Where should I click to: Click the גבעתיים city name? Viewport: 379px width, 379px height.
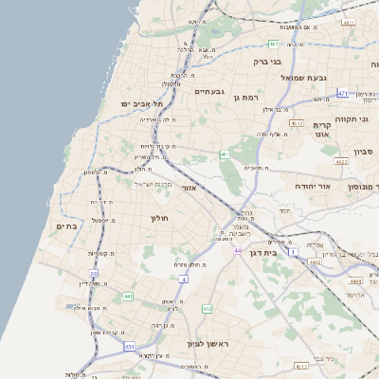coord(208,92)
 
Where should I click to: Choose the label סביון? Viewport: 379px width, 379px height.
coord(365,152)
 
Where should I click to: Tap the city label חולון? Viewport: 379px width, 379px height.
coord(158,218)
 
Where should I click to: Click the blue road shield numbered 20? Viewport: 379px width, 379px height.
coord(93,273)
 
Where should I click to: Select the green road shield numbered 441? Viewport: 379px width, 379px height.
coord(127,297)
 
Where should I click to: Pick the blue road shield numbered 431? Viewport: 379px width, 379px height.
coord(129,348)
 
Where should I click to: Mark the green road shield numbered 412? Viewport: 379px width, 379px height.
coord(208,309)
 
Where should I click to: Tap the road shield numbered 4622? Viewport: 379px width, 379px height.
coord(341,162)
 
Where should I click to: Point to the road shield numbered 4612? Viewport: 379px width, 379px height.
coord(297,124)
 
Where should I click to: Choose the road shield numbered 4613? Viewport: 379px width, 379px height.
coord(300,365)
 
